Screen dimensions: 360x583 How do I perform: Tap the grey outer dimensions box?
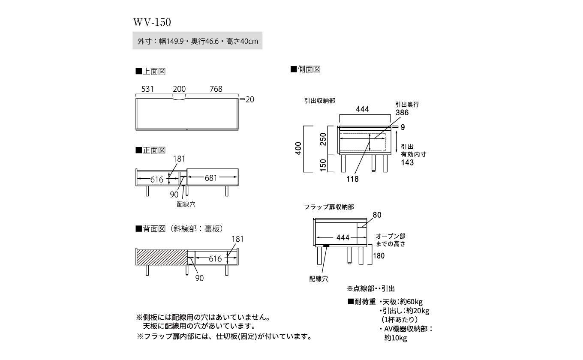coord(197,42)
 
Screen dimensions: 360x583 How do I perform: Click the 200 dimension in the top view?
coord(179,89)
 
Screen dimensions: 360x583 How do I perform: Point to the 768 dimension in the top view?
coord(216,89)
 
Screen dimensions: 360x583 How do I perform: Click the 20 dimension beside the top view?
coord(250,99)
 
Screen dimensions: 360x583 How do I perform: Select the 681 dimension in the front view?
coord(210,178)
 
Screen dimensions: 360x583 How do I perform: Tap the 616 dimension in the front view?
coord(156,180)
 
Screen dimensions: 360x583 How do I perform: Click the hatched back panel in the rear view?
coord(162,258)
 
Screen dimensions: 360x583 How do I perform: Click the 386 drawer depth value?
coord(402,113)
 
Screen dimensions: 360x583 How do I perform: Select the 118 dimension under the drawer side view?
coord(352,179)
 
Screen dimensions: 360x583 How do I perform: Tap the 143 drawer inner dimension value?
coord(407,162)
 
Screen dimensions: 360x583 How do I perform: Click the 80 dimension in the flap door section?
coord(377,215)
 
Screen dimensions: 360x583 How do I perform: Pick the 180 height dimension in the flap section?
coord(379,256)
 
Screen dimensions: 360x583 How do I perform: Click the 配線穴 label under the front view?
coord(186,204)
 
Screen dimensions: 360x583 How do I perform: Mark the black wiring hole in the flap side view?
coord(327,246)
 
